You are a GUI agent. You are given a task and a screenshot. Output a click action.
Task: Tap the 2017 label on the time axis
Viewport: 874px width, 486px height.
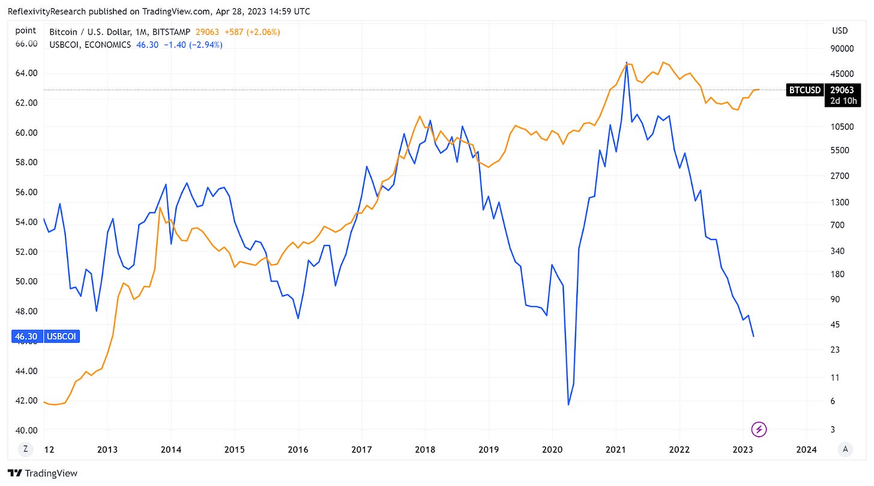361,449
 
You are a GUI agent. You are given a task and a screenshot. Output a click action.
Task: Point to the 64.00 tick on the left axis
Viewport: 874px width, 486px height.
25,73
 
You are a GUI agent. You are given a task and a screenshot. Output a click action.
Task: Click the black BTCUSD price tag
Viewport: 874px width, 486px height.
804,90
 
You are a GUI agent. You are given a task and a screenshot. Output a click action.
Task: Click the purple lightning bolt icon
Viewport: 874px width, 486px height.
759,429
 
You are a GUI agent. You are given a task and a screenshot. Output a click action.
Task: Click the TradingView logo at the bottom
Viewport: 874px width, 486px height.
43,473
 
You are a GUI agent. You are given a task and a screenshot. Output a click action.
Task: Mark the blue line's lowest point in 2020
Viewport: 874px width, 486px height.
568,404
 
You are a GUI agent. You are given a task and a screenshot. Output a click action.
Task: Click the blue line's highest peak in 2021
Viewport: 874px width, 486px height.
627,62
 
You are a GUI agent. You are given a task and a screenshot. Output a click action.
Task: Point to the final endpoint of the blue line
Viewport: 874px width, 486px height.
753,336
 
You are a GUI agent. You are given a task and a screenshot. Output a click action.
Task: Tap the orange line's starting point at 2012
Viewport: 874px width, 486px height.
44,401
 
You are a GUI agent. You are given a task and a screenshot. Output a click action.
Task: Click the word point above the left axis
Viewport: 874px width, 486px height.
25,31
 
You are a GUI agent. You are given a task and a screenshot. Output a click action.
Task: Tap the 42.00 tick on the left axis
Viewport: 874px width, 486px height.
25,401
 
